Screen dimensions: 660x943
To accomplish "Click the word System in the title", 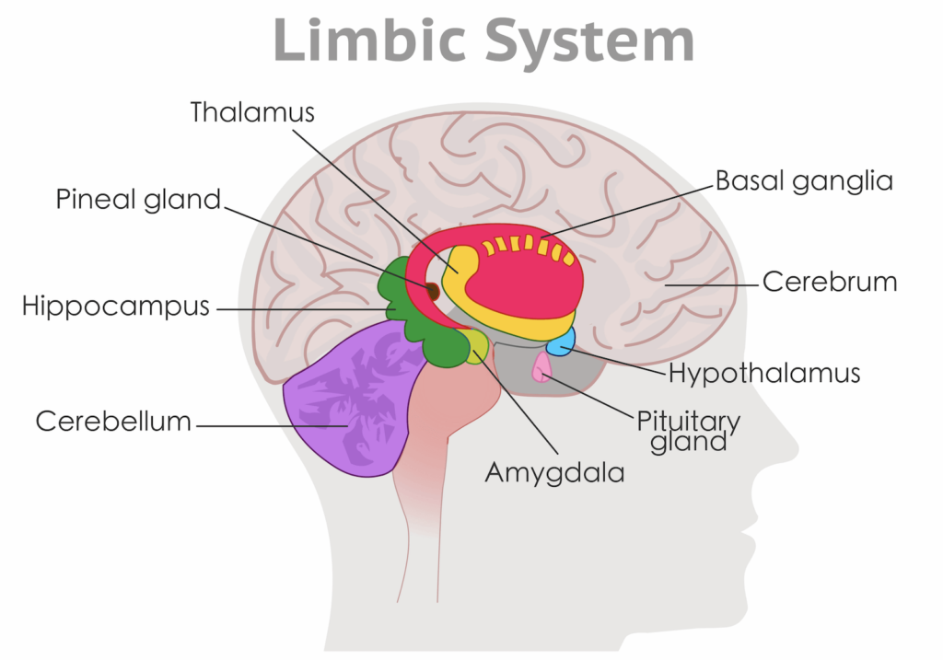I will pos(590,41).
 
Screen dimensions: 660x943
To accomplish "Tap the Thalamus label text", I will pos(252,112).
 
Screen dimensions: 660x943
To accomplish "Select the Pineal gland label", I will pos(138,199).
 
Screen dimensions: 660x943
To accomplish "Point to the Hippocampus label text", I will pos(116,307).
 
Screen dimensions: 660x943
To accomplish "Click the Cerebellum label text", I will pos(113,422).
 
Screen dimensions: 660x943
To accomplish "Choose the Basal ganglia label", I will pos(804,180).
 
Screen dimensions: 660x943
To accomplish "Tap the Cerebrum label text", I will pos(829,282).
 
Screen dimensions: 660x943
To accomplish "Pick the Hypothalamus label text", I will pos(764,374).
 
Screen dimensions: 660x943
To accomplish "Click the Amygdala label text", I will pos(555,473).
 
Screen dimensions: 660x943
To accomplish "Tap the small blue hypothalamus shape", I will pos(561,342).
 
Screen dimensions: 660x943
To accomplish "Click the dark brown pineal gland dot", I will pos(431,291).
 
